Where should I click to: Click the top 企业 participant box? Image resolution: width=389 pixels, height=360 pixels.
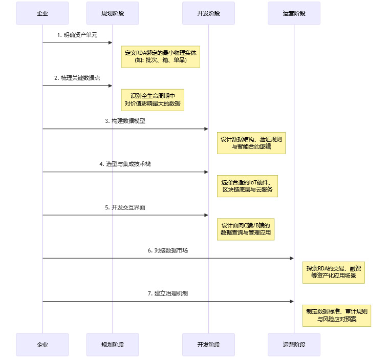42,13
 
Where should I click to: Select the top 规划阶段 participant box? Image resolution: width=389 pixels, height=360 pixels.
112,13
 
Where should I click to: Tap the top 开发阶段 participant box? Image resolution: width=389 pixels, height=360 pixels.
208,13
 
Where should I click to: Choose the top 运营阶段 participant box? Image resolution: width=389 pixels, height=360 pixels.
294,13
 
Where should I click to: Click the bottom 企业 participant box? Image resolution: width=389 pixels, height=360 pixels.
42,345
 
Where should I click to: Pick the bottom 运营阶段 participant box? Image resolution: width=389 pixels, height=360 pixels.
294,345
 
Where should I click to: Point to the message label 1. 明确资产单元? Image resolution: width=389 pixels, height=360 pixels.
77,35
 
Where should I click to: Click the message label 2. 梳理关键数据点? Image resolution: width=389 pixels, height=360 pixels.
77,78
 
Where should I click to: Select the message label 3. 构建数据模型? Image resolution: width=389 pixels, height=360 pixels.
125,121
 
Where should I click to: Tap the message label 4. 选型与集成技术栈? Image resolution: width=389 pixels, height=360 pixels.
125,164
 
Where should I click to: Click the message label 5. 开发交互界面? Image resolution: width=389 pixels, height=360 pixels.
125,207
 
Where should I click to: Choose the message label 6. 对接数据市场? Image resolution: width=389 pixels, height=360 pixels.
168,250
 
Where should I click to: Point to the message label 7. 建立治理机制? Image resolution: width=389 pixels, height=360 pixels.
168,293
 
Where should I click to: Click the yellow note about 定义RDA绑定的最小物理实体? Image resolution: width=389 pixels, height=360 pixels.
160,56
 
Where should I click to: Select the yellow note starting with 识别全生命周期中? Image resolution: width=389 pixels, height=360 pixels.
152,99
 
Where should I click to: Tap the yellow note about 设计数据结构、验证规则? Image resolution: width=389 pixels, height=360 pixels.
251,143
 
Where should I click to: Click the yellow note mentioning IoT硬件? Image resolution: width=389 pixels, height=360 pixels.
247,186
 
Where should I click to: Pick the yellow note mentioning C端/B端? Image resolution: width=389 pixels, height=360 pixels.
245,229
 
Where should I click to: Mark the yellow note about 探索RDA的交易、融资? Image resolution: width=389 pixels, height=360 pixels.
334,272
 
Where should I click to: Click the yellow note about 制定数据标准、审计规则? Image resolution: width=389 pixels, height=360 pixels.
336,315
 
